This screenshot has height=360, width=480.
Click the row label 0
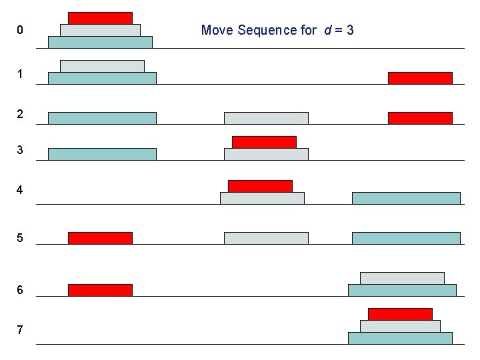point(21,30)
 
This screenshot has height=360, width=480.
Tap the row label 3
point(21,150)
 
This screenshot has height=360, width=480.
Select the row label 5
point(21,238)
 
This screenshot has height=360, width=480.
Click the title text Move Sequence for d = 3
point(277,30)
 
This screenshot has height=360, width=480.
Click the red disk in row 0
point(100,18)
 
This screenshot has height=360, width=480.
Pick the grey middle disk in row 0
point(100,30)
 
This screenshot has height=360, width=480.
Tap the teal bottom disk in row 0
point(100,42)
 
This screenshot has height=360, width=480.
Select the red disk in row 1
point(420,78)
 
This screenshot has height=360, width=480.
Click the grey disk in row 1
point(102,66)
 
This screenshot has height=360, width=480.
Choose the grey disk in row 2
point(266,118)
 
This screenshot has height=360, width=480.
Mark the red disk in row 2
point(420,118)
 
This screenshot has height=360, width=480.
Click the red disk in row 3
point(264,142)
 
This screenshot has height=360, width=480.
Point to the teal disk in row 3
point(102,154)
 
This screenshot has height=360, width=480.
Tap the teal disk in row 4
point(406,198)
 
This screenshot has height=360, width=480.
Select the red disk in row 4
point(260,186)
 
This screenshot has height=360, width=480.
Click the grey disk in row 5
point(266,238)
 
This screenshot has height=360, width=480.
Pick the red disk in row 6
point(100,290)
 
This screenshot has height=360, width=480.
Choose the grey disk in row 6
point(402,278)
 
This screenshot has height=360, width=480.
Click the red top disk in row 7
point(400,314)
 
